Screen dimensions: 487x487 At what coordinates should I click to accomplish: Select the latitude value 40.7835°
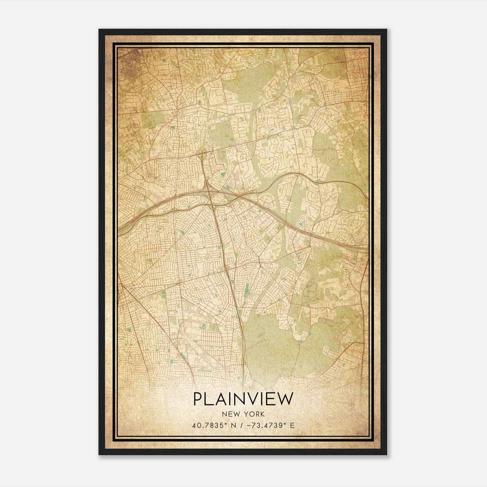(210, 425)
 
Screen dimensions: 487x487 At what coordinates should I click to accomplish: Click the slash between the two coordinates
(242, 425)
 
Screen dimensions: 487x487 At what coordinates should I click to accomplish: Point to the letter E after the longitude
(292, 425)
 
